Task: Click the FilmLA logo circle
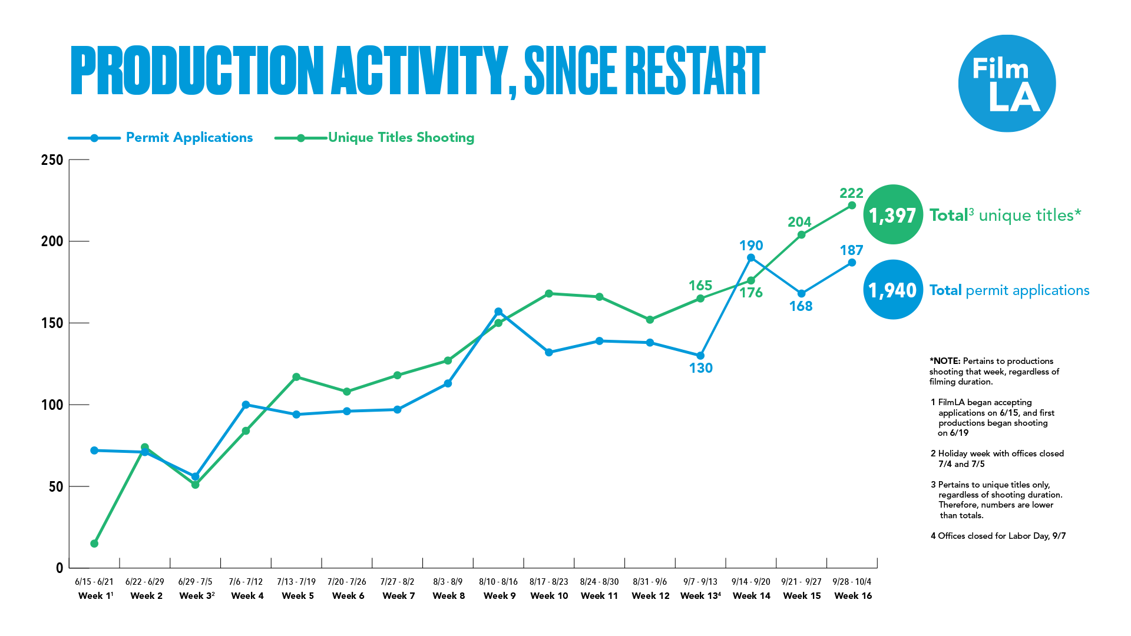(x=1007, y=83)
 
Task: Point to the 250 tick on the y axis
(x=52, y=160)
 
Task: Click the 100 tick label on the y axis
(x=52, y=405)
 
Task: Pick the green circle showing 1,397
(x=892, y=215)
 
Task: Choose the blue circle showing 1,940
(x=892, y=290)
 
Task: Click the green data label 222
(x=851, y=193)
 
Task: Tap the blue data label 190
(x=751, y=246)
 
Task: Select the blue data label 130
(x=700, y=368)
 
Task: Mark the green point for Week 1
(x=94, y=544)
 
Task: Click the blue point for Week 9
(x=498, y=312)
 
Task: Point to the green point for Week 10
(x=549, y=293)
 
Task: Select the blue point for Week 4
(x=246, y=405)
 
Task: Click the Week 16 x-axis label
(x=853, y=596)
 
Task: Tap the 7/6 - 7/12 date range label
(x=246, y=582)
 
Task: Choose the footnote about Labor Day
(x=998, y=536)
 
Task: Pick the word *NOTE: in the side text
(x=945, y=361)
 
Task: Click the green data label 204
(x=799, y=222)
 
